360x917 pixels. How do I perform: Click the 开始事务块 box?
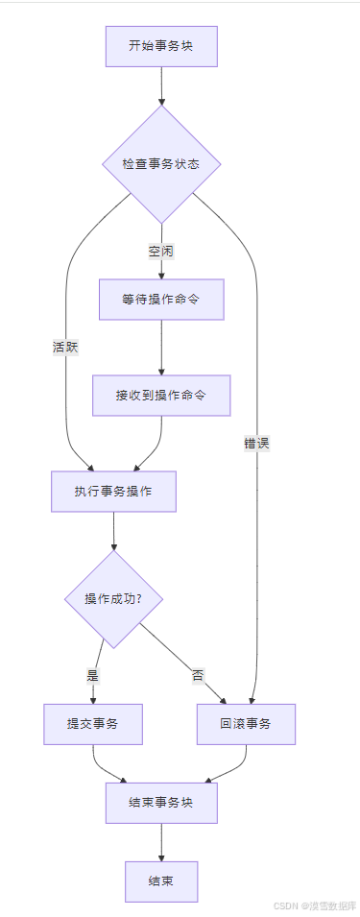(x=161, y=46)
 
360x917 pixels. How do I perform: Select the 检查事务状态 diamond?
(x=161, y=164)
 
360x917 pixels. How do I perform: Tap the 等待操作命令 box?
(x=161, y=300)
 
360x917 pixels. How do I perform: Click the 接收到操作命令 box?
(x=161, y=395)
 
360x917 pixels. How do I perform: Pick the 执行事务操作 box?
(x=113, y=492)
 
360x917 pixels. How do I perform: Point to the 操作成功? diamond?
(x=113, y=598)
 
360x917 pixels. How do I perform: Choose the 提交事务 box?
(x=92, y=725)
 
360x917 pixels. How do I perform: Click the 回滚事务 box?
(x=246, y=725)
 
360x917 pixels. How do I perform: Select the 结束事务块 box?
(x=161, y=803)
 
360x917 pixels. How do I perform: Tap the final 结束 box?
(x=161, y=881)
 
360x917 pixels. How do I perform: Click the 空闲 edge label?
(x=161, y=252)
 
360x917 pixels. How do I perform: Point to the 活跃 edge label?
(x=65, y=348)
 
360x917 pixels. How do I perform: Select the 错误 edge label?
(x=256, y=443)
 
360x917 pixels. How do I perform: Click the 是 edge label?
(x=93, y=675)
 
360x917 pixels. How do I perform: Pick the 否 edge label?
(x=198, y=675)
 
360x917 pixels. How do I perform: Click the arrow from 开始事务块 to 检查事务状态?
(x=161, y=86)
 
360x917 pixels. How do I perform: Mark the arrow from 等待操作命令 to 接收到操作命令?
(x=161, y=348)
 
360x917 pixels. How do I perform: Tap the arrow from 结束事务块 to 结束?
(x=161, y=842)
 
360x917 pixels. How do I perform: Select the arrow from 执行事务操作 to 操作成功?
(x=113, y=531)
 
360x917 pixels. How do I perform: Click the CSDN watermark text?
(x=315, y=905)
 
